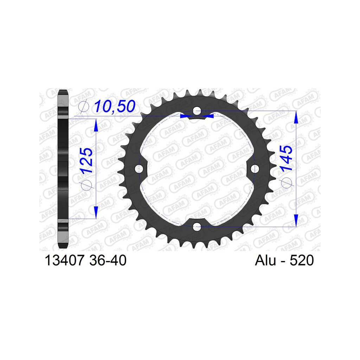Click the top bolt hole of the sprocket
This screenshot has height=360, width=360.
click(x=197, y=111)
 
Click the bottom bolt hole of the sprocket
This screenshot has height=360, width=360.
click(x=197, y=227)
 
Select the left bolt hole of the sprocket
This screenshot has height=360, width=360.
click(x=139, y=169)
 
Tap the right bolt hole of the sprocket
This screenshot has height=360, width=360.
click(x=255, y=169)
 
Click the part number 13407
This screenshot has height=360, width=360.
click(x=64, y=261)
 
